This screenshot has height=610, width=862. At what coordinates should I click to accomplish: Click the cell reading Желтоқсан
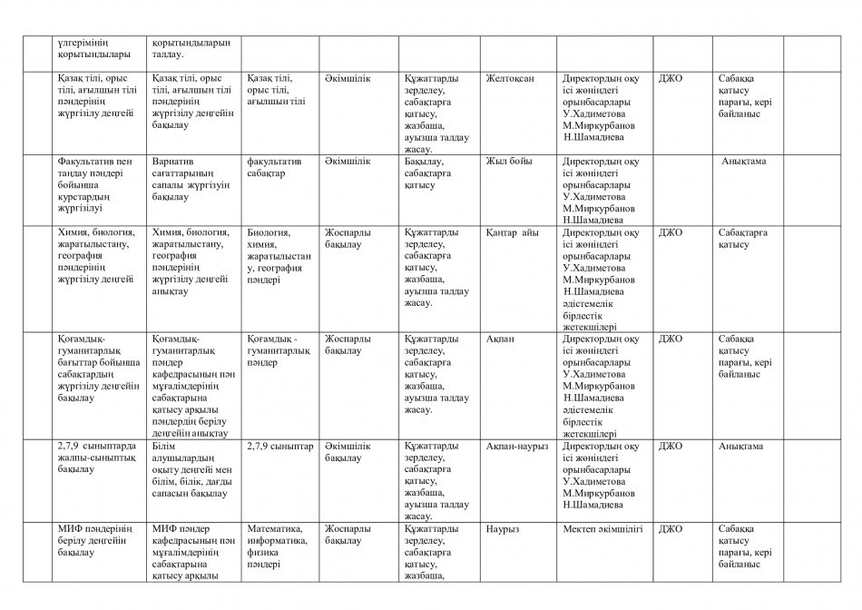point(510,79)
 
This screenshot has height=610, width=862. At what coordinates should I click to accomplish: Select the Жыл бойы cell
point(507,162)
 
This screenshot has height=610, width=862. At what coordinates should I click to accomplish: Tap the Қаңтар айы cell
point(513,232)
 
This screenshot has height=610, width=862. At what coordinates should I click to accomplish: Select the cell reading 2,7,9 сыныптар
point(279,447)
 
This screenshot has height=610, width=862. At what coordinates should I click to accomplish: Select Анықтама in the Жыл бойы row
point(744,162)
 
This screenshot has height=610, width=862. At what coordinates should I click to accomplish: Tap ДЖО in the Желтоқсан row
point(671,79)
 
